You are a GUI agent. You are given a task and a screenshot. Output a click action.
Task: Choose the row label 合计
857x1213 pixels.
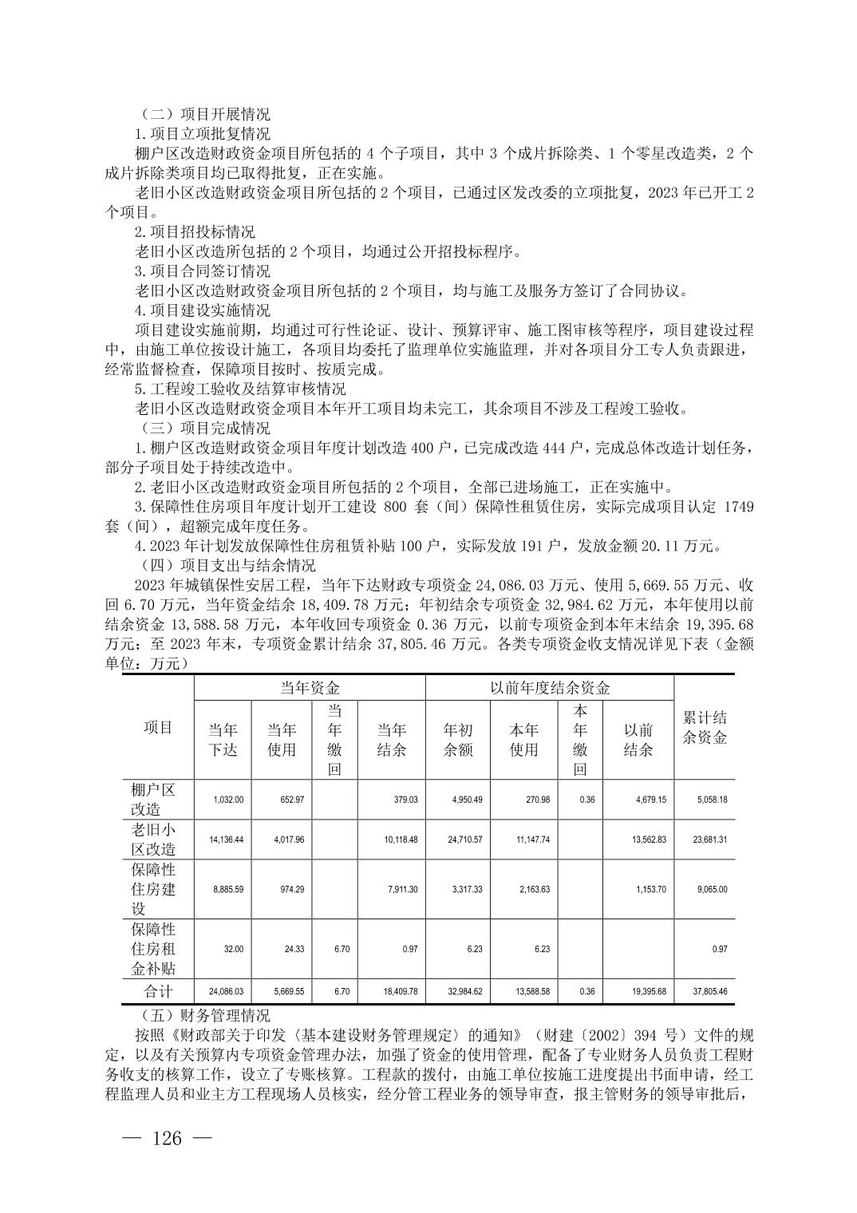coord(158,991)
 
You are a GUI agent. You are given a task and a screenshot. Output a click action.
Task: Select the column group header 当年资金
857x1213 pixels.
coord(310,687)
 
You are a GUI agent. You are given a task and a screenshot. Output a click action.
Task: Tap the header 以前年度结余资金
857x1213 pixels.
coord(550,687)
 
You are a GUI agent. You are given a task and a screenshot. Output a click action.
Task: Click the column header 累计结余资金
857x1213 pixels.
coord(705,727)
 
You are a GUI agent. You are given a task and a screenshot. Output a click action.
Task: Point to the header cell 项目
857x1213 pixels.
coord(158,727)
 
